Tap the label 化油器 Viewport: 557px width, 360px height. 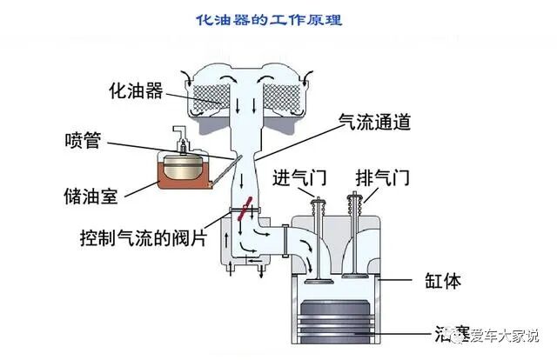[x=136, y=90]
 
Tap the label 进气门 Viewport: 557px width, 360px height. [x=299, y=178]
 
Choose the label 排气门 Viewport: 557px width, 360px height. [x=379, y=178]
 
